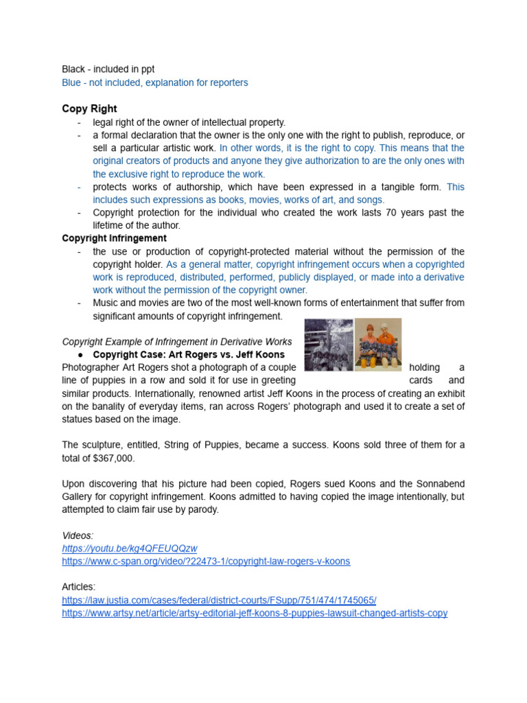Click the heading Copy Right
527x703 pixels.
point(89,108)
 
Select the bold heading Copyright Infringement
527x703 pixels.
point(114,238)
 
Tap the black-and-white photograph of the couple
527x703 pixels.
point(329,345)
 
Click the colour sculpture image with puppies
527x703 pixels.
point(378,345)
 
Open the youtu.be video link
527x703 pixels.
point(129,548)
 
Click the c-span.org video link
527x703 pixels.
point(205,561)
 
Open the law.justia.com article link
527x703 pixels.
point(219,599)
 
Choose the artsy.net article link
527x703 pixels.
point(255,612)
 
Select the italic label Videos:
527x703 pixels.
point(78,535)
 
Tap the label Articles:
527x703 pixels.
point(79,586)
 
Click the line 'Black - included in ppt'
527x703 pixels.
point(108,69)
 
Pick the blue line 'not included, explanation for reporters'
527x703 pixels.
point(155,82)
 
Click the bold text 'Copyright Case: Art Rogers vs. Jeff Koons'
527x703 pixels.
point(188,355)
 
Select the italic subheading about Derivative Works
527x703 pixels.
point(177,342)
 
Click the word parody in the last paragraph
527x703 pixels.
point(204,509)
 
